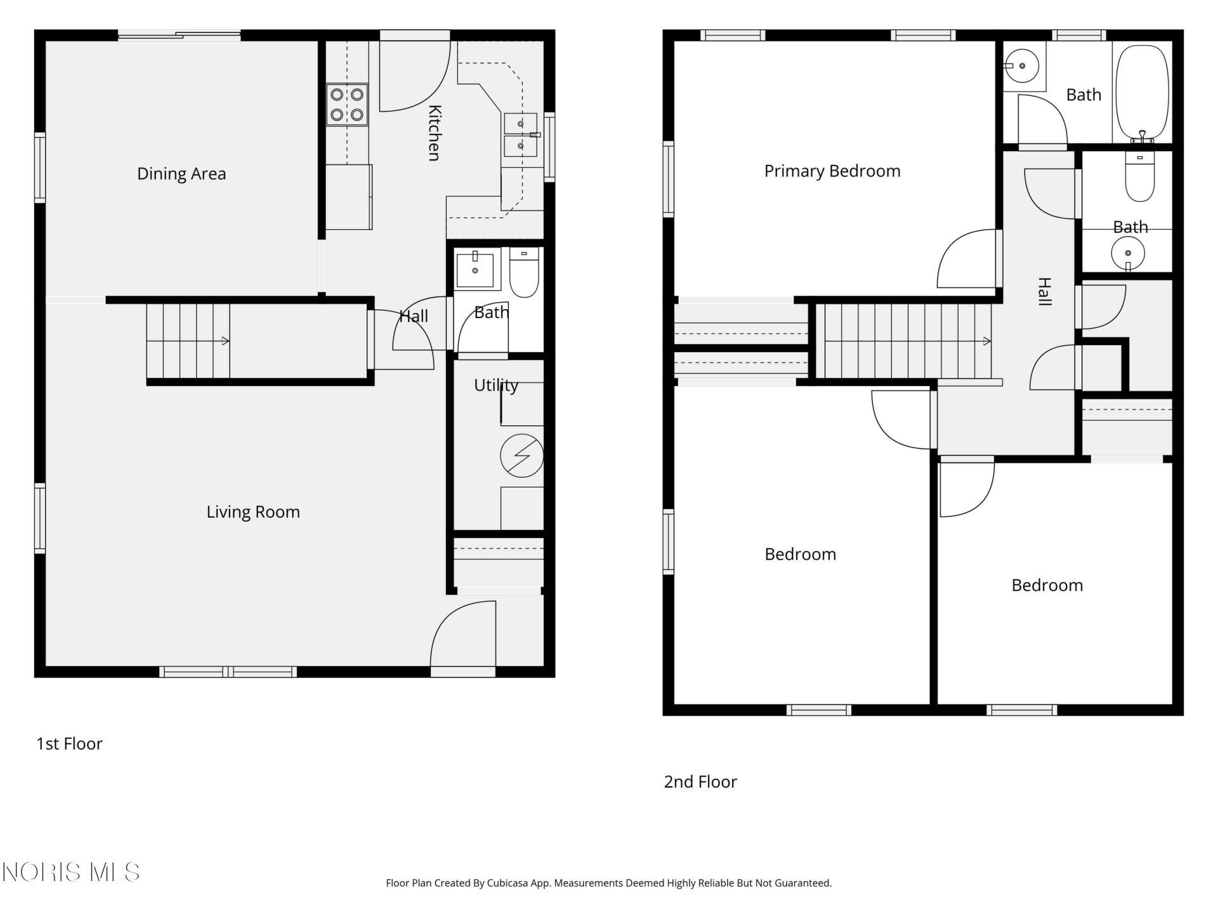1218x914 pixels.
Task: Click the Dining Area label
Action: click(x=181, y=174)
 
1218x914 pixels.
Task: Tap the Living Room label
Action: click(x=253, y=512)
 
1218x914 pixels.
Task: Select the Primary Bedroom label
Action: click(x=832, y=171)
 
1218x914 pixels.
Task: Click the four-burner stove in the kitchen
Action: click(x=347, y=104)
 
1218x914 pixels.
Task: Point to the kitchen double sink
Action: click(x=521, y=135)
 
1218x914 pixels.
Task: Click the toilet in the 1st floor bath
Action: click(x=524, y=272)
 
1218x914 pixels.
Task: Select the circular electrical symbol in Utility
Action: click(x=521, y=456)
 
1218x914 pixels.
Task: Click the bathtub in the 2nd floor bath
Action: click(x=1142, y=93)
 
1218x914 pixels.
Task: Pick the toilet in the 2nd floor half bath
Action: click(x=1140, y=177)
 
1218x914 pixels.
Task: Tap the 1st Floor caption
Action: click(x=69, y=744)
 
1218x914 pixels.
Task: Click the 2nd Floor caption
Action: click(x=700, y=782)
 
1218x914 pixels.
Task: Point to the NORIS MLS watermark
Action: click(x=70, y=872)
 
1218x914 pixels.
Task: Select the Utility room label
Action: click(x=496, y=385)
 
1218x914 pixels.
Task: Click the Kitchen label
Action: click(x=435, y=133)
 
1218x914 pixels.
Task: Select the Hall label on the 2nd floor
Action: click(x=1044, y=291)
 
